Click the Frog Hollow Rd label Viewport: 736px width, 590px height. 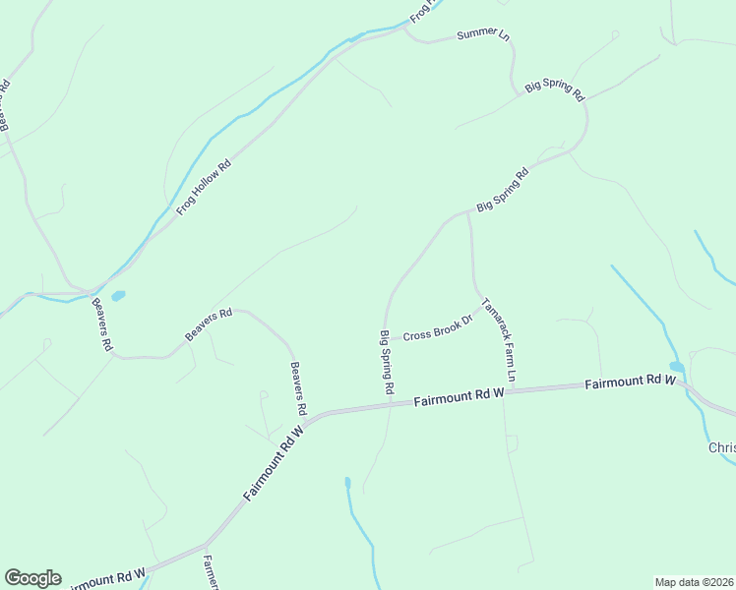[x=204, y=187]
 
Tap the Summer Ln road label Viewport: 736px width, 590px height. [x=484, y=36]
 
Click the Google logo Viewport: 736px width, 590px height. [x=32, y=578]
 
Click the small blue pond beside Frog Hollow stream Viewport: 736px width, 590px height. [x=118, y=295]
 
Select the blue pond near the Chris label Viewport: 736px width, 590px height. [x=677, y=368]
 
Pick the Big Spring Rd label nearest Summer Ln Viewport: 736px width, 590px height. [x=555, y=87]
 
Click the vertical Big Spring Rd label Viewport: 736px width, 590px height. [x=387, y=363]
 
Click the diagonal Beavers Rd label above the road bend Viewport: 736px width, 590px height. [x=209, y=325]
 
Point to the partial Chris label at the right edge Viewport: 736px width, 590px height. [x=721, y=447]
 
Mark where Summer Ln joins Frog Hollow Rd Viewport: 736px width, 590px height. [x=404, y=29]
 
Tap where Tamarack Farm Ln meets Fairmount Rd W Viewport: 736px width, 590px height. [x=514, y=390]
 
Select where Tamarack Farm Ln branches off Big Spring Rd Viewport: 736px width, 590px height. [x=468, y=210]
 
